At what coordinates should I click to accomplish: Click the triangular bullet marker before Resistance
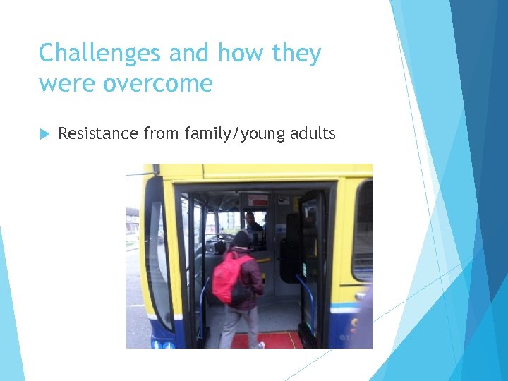[44, 133]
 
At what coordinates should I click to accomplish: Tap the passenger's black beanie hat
[241, 239]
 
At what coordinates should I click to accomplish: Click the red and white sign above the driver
[258, 200]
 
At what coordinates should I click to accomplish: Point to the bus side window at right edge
[363, 229]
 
